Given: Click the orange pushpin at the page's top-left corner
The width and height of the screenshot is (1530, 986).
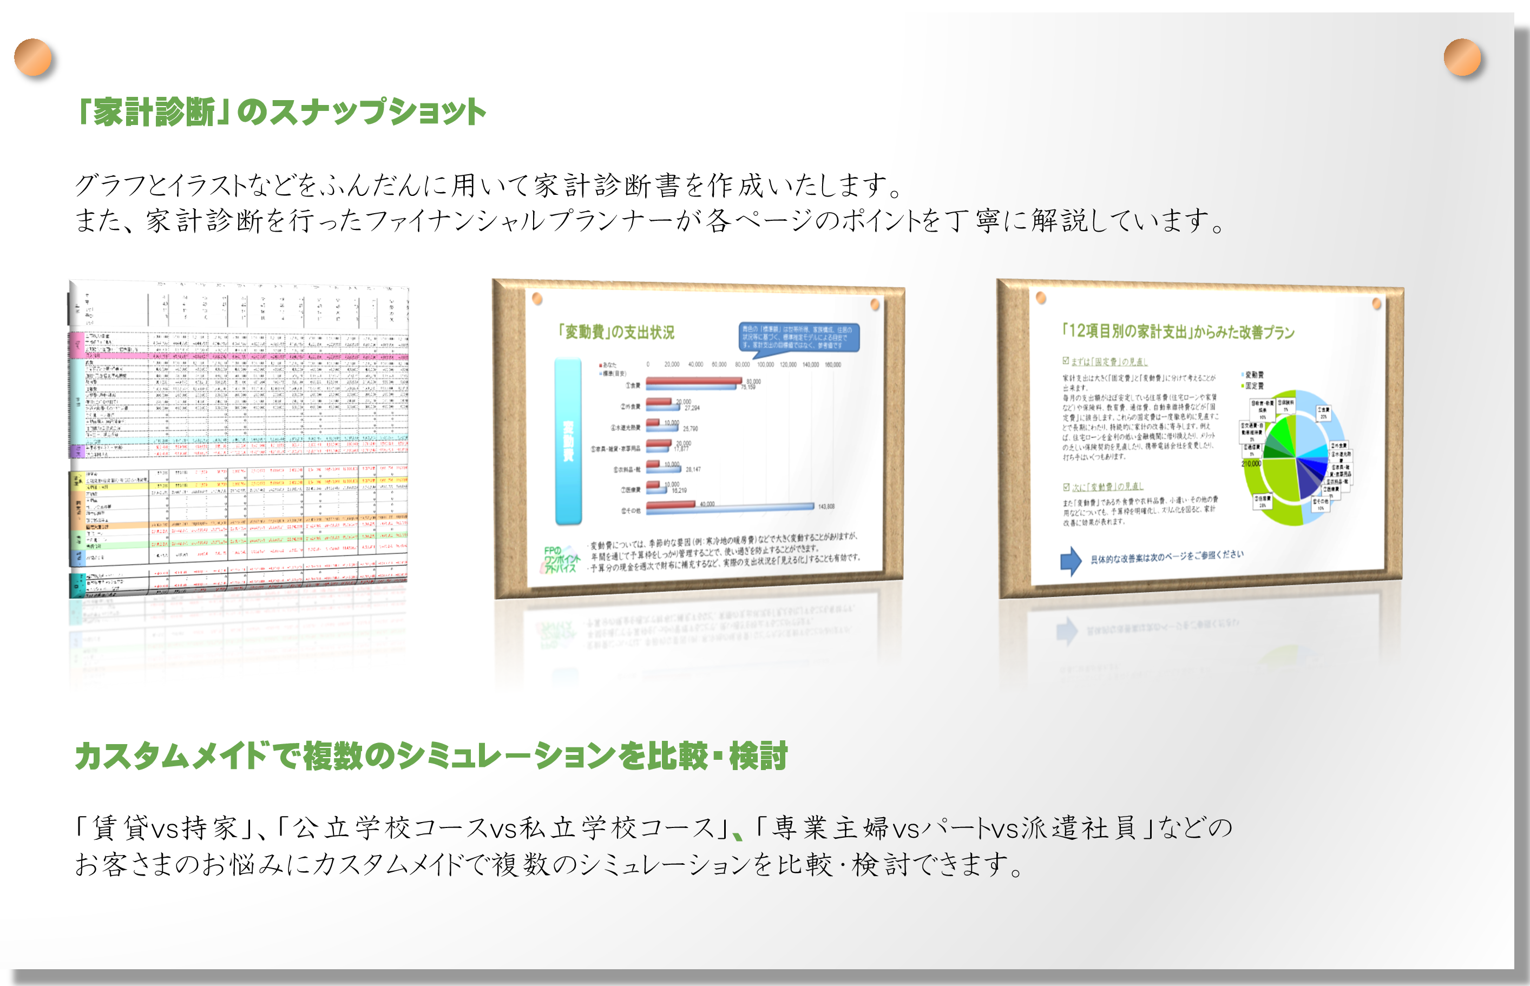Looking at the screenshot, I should tap(32, 57).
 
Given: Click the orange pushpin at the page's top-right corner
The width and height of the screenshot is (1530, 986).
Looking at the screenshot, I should tap(1462, 57).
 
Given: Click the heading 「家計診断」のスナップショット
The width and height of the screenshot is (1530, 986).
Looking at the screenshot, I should tap(280, 112).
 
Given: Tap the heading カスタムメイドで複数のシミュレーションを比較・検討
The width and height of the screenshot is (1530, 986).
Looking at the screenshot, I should tap(431, 756).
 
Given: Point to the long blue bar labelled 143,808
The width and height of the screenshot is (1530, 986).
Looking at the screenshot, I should tap(730, 507).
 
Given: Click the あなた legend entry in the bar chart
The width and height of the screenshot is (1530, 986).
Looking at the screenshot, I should tap(608, 365).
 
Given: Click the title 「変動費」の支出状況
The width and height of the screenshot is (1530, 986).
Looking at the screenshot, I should tap(616, 332).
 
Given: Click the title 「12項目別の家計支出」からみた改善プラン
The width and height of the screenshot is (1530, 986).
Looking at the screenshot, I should tap(1178, 331).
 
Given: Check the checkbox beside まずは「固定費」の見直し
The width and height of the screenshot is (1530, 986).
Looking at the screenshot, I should tap(1066, 361).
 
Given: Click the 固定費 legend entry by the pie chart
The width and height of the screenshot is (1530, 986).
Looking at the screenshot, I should tap(1253, 386).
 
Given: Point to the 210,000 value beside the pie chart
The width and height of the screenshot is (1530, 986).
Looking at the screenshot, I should tap(1251, 464).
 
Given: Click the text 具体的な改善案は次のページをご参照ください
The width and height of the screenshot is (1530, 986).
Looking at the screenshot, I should tap(1166, 557).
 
